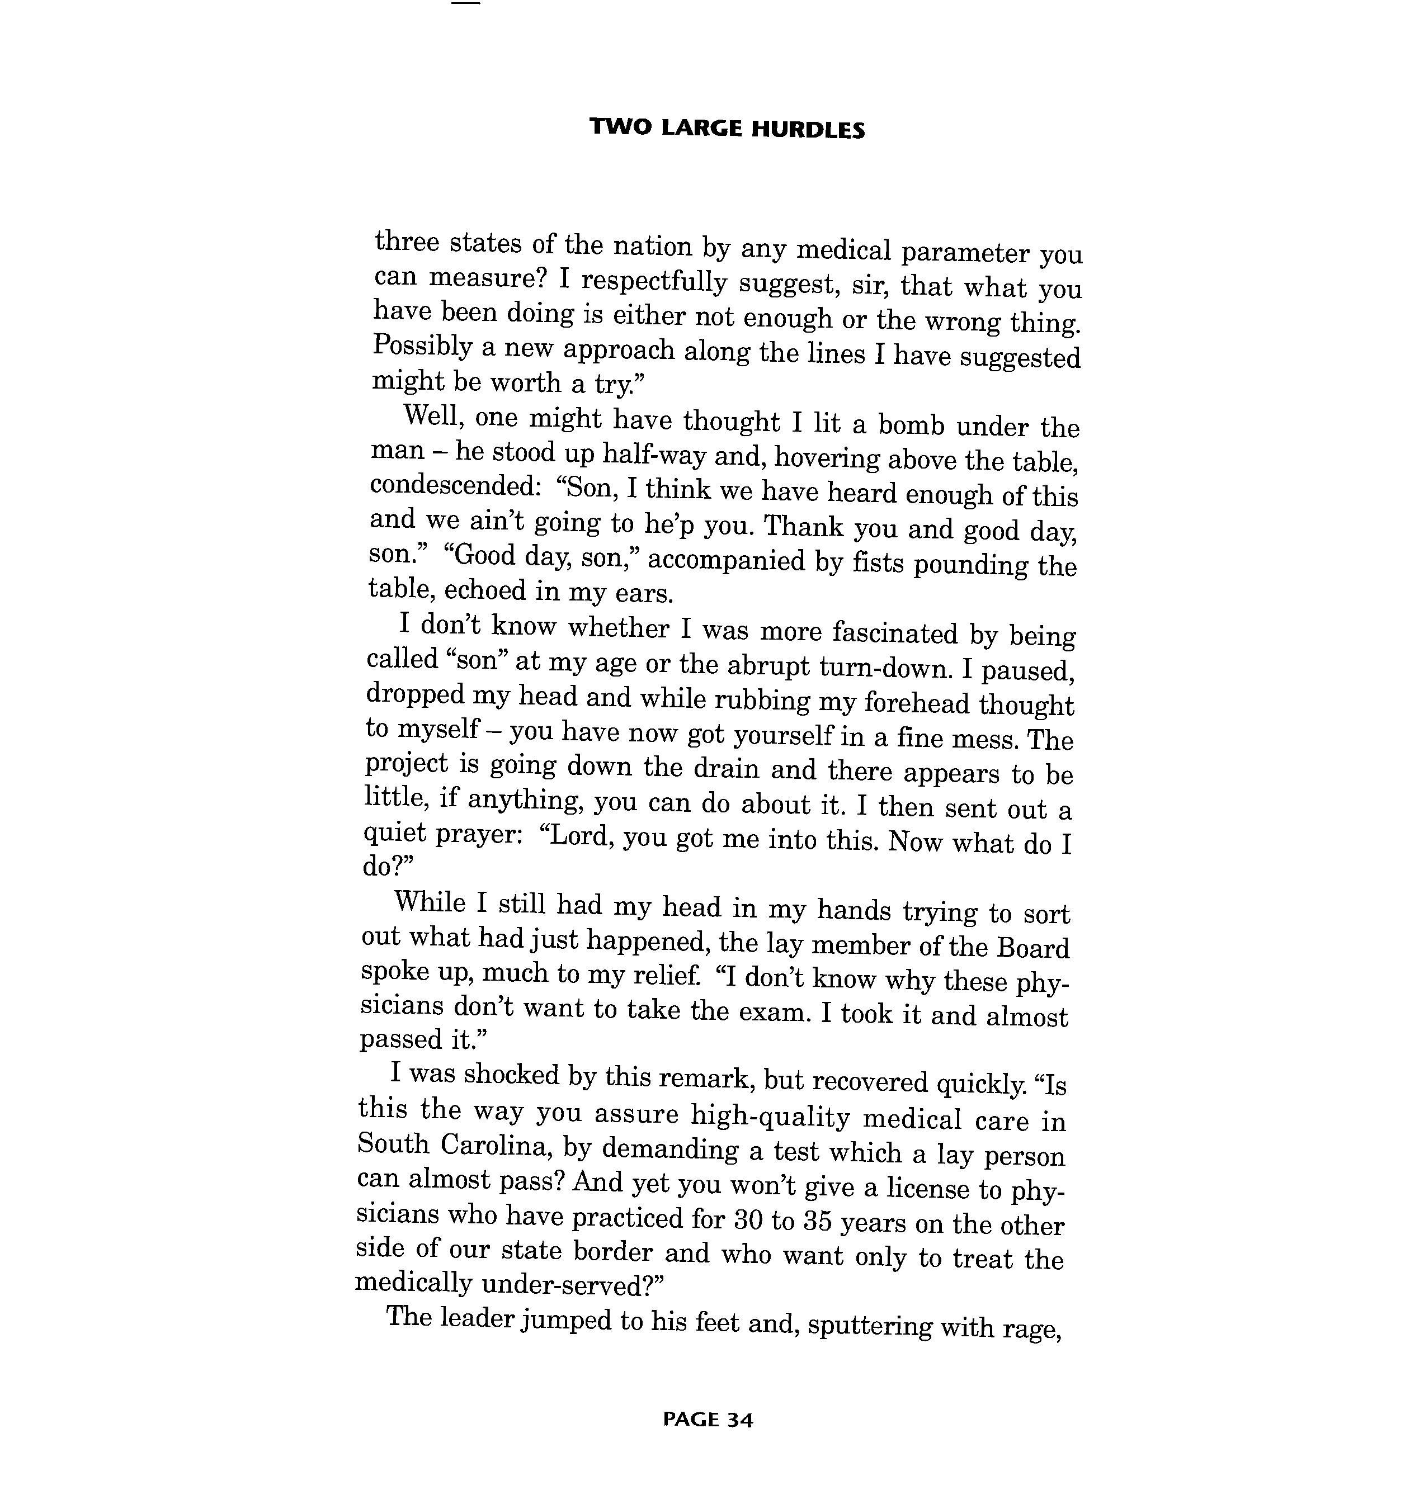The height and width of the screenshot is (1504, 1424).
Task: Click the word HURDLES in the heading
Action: tap(808, 130)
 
